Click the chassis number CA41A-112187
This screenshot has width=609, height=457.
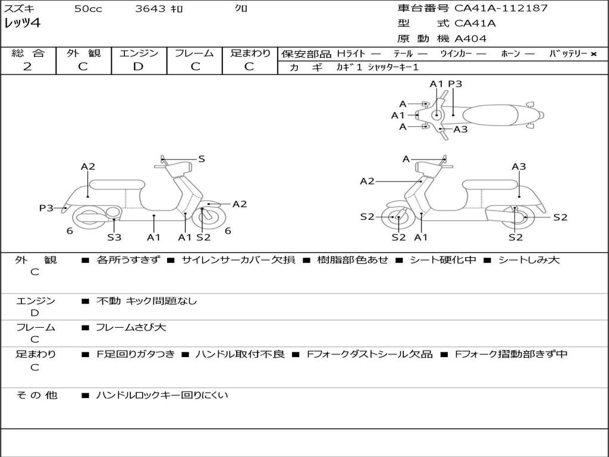click(x=501, y=8)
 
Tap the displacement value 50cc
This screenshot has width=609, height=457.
click(x=87, y=9)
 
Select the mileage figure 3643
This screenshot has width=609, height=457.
click(x=150, y=9)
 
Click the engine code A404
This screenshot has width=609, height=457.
click(x=470, y=39)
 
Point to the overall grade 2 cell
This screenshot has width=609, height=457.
click(x=27, y=67)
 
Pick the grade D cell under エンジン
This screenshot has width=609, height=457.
click(x=139, y=67)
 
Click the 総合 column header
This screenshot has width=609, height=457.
click(x=28, y=54)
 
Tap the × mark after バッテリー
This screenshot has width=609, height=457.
click(x=593, y=54)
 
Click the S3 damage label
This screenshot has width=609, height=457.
click(x=114, y=237)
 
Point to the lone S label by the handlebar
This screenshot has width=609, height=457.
click(x=202, y=159)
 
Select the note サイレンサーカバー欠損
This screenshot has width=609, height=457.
click(x=238, y=260)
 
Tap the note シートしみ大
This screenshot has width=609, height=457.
click(x=529, y=260)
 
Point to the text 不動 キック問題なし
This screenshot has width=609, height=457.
click(x=146, y=301)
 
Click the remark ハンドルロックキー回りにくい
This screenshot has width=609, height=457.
click(x=162, y=395)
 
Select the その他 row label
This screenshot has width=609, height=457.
click(x=36, y=395)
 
